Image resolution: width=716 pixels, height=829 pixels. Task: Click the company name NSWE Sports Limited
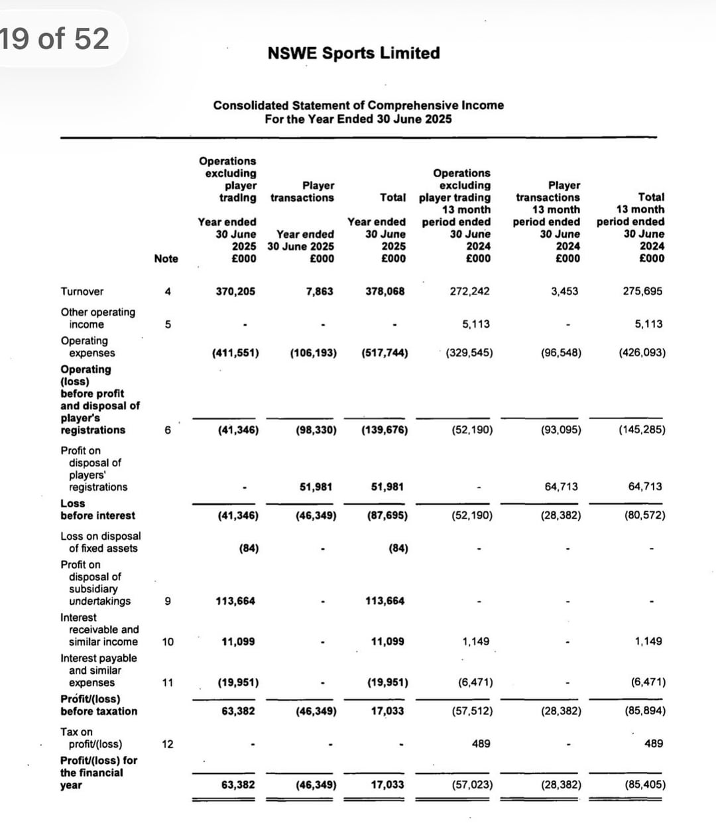coord(353,53)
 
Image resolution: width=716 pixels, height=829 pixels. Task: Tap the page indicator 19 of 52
coord(54,38)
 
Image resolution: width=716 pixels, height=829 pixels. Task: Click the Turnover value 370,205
coord(235,291)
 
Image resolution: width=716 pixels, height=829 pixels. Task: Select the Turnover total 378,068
coord(385,291)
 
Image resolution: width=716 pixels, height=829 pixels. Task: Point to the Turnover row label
coord(82,292)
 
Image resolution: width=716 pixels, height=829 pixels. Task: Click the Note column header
coord(166,259)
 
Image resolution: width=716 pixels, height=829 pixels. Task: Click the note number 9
coord(167,602)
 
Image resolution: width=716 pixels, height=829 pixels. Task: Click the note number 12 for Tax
coord(168,744)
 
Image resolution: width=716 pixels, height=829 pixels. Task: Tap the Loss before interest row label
coord(97,509)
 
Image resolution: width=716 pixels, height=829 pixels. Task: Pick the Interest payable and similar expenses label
coord(98,670)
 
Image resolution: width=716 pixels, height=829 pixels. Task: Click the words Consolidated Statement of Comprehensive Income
coord(358,105)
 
